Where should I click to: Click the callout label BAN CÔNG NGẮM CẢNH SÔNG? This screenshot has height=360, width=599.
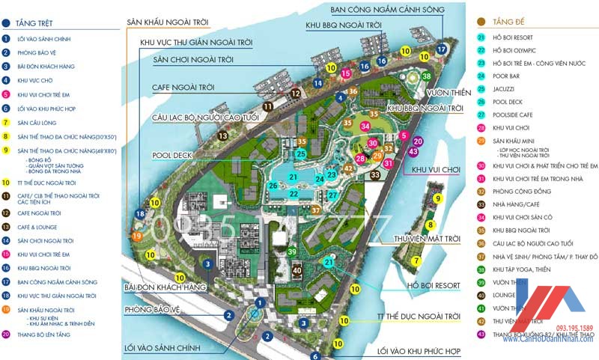[388, 10]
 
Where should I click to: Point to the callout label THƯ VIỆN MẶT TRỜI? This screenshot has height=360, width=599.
[426, 240]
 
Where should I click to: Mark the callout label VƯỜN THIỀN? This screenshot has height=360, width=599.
[449, 93]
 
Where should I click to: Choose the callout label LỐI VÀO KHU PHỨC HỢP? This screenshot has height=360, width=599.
[419, 350]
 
